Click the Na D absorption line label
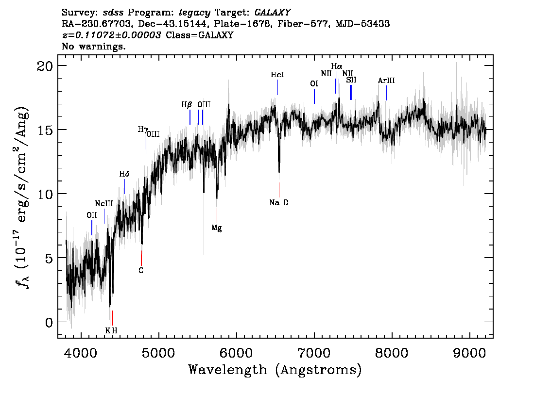279,203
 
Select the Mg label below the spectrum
217,228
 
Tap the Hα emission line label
337,66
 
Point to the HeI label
277,75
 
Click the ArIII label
386,81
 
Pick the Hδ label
124,174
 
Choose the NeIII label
104,204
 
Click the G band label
141,271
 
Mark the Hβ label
187,105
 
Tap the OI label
314,83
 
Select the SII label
351,80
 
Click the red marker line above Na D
279,190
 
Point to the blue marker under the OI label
314,96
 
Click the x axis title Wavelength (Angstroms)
275,370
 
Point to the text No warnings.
94,47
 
